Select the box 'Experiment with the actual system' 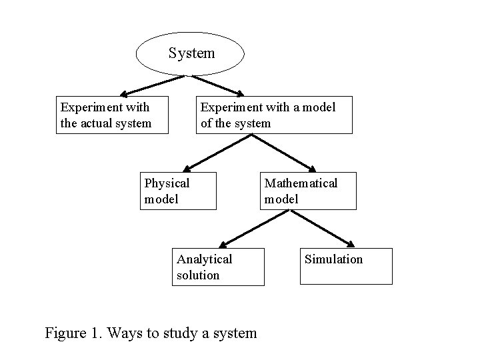tap(112, 115)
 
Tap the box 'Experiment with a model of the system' tap(273, 115)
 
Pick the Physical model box tap(178, 191)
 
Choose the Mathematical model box tap(308, 191)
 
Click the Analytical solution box tap(219, 267)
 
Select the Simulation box tap(346, 266)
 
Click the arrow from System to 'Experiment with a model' tap(218, 85)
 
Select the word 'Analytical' tap(205, 259)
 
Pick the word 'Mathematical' tap(301, 183)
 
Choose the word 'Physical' tap(167, 183)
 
